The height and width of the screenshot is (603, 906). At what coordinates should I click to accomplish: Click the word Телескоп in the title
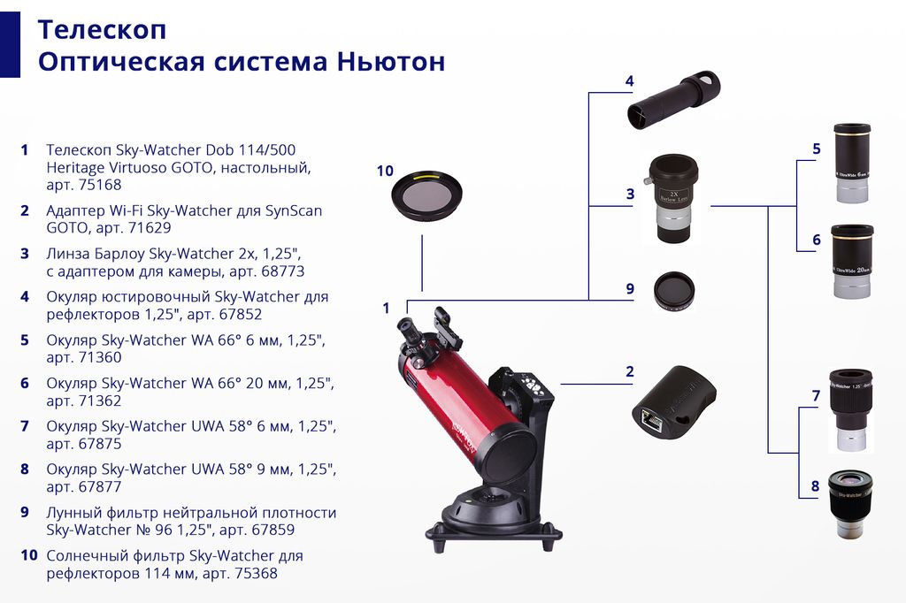(x=102, y=29)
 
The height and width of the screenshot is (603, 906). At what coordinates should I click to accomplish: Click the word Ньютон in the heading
(x=390, y=61)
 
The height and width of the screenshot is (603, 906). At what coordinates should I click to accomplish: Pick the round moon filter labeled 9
(x=674, y=290)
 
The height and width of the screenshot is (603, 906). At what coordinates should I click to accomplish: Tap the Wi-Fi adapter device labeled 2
(x=674, y=402)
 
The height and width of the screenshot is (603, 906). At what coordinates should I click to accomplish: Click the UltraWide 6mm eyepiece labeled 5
(x=852, y=163)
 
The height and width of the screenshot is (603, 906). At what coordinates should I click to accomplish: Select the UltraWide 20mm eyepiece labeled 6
(x=852, y=261)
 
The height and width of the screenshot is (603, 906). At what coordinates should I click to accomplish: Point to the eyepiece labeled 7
(x=850, y=410)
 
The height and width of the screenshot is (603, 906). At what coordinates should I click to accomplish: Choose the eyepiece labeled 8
(x=850, y=505)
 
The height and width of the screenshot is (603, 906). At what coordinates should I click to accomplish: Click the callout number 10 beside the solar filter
(x=385, y=171)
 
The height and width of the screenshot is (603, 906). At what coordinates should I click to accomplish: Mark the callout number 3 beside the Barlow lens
(x=630, y=194)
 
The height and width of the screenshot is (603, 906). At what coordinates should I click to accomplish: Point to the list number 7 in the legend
(x=24, y=426)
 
